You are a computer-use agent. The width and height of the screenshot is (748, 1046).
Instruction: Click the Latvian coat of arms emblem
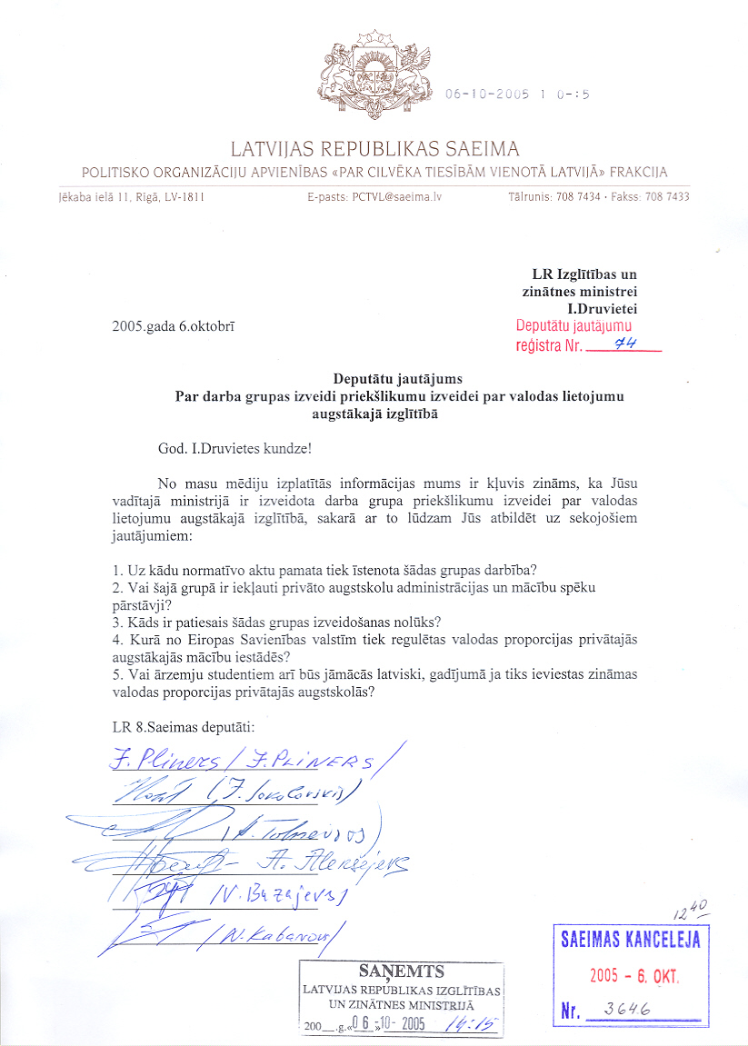374,78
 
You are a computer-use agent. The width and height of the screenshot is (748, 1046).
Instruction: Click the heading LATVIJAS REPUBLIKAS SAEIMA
374,149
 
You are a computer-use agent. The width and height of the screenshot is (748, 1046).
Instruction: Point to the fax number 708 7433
671,196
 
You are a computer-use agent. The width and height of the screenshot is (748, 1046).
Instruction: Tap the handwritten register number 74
624,344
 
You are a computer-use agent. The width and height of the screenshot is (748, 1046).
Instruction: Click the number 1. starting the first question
116,570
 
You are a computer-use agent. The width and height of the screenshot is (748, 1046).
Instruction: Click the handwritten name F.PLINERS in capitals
324,762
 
